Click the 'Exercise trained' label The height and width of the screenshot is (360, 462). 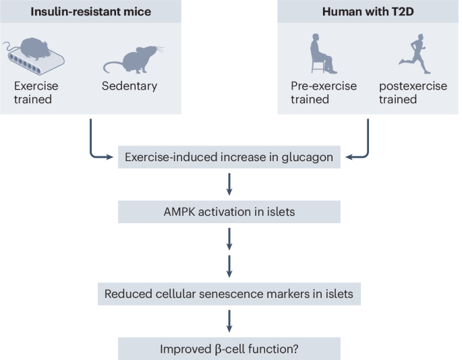[36, 92]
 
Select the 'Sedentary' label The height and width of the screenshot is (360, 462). [129, 86]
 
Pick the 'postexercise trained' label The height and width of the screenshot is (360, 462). [407, 92]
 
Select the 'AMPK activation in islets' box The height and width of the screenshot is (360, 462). [229, 212]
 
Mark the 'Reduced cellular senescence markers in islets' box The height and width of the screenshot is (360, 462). [229, 294]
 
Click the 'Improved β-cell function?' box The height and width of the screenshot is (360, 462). [229, 348]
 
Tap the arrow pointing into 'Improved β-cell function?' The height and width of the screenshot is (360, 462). [229, 321]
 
